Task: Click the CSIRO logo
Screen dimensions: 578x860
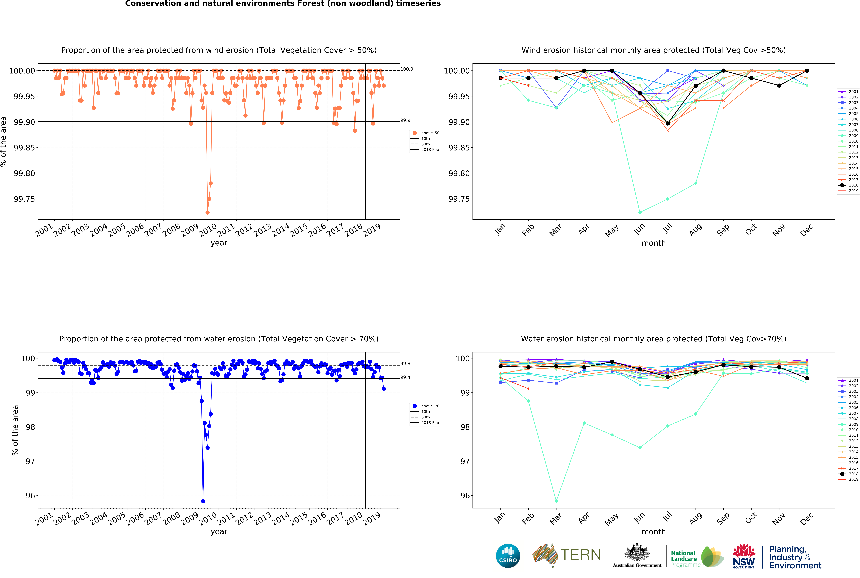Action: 508,556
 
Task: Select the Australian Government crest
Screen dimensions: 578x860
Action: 637,553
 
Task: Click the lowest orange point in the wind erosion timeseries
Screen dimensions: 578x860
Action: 207,212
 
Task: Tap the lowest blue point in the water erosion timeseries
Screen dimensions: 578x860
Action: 203,501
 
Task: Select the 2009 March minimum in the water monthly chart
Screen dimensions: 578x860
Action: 556,501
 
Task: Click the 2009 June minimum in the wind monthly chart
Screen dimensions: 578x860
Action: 640,212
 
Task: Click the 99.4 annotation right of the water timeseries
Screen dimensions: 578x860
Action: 405,377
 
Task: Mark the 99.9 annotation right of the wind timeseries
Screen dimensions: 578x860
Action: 405,120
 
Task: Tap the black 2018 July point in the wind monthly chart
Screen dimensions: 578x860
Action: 668,124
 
